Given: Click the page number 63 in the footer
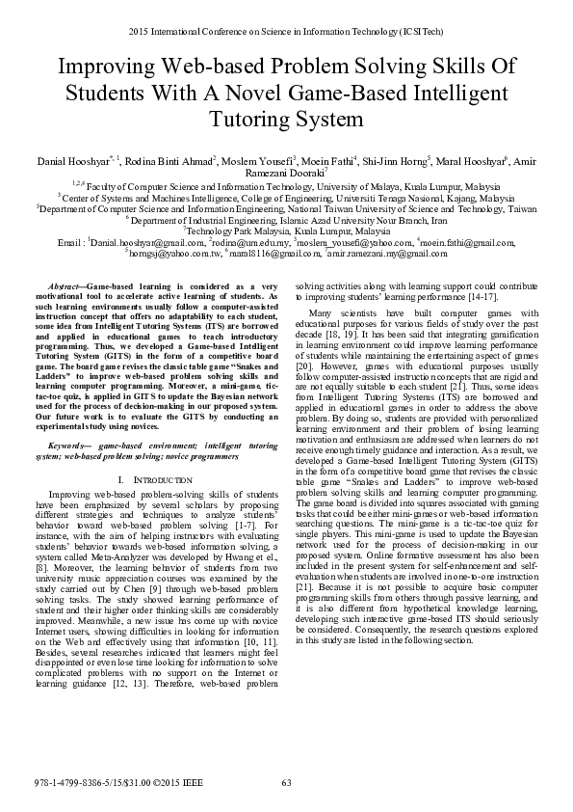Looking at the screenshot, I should pyautogui.click(x=286, y=782).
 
